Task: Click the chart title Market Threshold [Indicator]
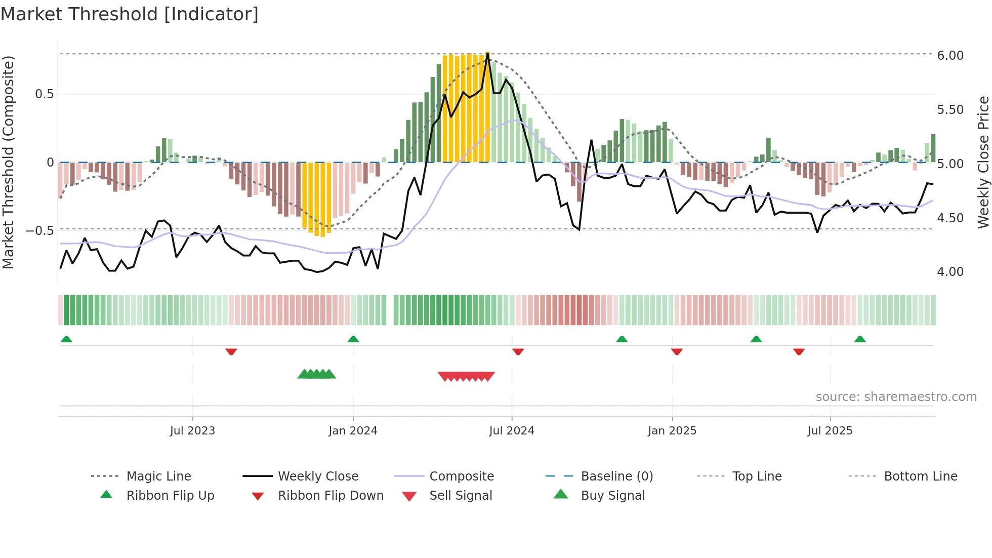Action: (x=130, y=14)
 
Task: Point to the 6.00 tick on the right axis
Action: (x=950, y=56)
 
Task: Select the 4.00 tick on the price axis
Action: (x=950, y=272)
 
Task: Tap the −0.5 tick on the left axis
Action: (x=40, y=230)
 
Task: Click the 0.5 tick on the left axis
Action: (x=44, y=94)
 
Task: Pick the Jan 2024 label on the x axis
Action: (x=353, y=431)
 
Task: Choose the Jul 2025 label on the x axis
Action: (x=830, y=431)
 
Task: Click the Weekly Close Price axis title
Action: (x=983, y=162)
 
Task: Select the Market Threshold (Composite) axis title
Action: (x=8, y=162)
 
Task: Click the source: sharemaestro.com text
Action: (x=896, y=397)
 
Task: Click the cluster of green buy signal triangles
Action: (x=317, y=374)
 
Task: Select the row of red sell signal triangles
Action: (x=466, y=376)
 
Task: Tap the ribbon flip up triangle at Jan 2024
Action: (x=353, y=339)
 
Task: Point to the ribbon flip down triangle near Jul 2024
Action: (x=518, y=351)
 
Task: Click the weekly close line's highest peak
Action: (x=487, y=53)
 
